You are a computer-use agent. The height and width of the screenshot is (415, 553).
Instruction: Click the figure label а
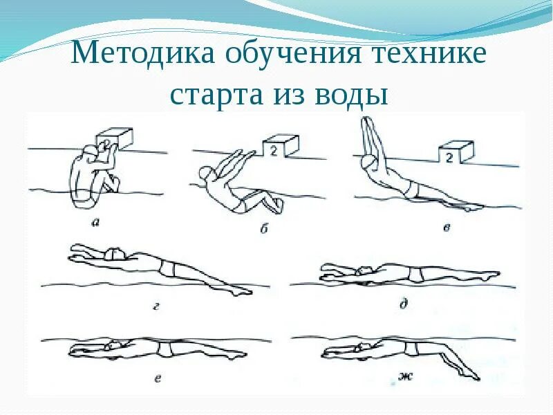pos(94,222)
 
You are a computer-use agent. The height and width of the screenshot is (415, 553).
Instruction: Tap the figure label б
pos(263,228)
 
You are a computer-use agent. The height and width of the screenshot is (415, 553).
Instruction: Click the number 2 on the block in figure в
pos(449,158)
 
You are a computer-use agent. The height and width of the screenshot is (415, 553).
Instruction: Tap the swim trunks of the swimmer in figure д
pos(415,275)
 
